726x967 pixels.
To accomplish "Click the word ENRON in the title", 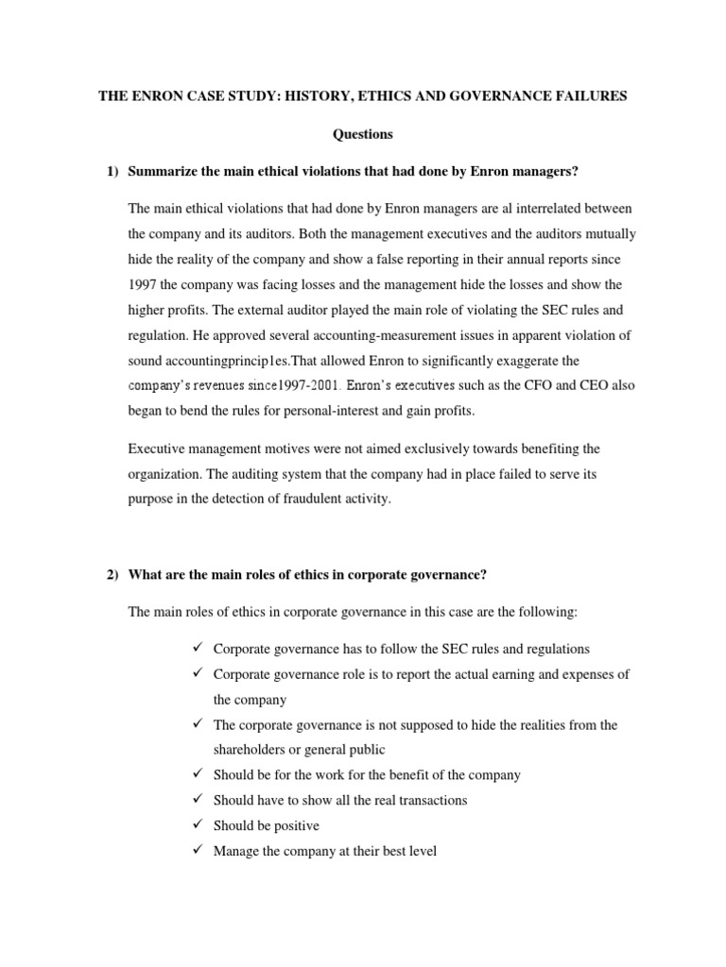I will (150, 97).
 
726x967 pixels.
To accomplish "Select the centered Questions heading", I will (363, 134).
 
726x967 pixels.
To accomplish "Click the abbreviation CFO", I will (526, 386).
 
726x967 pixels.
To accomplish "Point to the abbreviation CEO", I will (585, 386).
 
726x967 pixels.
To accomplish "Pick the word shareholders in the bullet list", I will (253, 750).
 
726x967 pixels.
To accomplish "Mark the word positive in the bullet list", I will (294, 825).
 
